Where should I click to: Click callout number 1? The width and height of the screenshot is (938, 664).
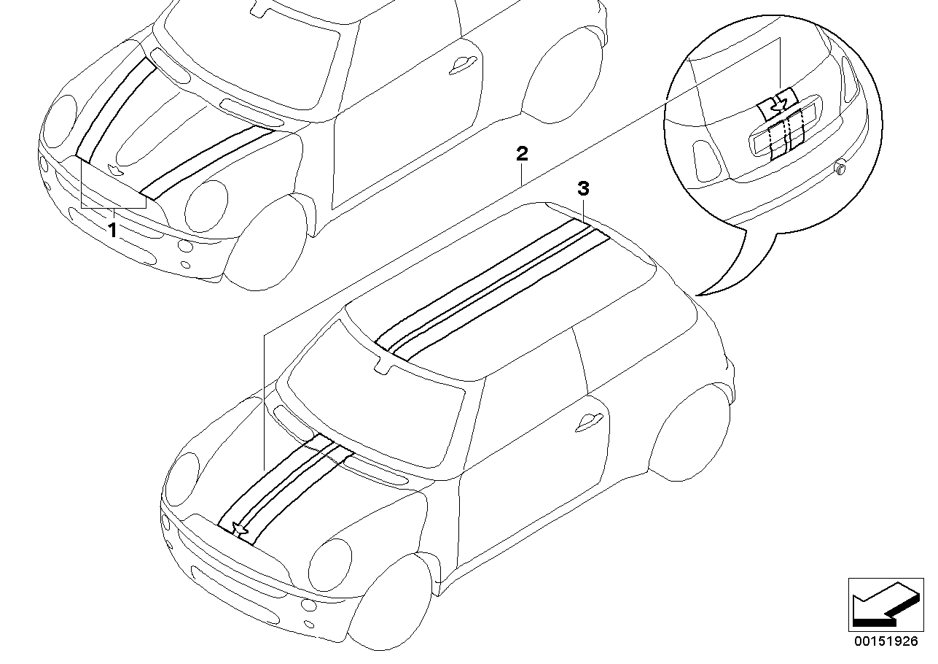112,230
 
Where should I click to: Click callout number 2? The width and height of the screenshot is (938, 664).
522,154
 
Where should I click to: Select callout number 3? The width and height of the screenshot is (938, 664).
583,189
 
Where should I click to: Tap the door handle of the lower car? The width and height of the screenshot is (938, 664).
589,422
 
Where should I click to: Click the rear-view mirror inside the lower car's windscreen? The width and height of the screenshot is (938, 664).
383,365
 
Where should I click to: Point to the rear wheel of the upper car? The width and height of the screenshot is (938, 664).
563,74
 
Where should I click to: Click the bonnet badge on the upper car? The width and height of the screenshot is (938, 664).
113,169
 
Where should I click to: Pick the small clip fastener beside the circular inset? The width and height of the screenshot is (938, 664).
840,168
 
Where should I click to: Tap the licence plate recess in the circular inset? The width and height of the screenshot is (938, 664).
786,140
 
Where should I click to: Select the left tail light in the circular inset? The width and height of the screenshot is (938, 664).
706,161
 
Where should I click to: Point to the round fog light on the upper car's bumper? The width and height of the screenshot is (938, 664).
184,246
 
